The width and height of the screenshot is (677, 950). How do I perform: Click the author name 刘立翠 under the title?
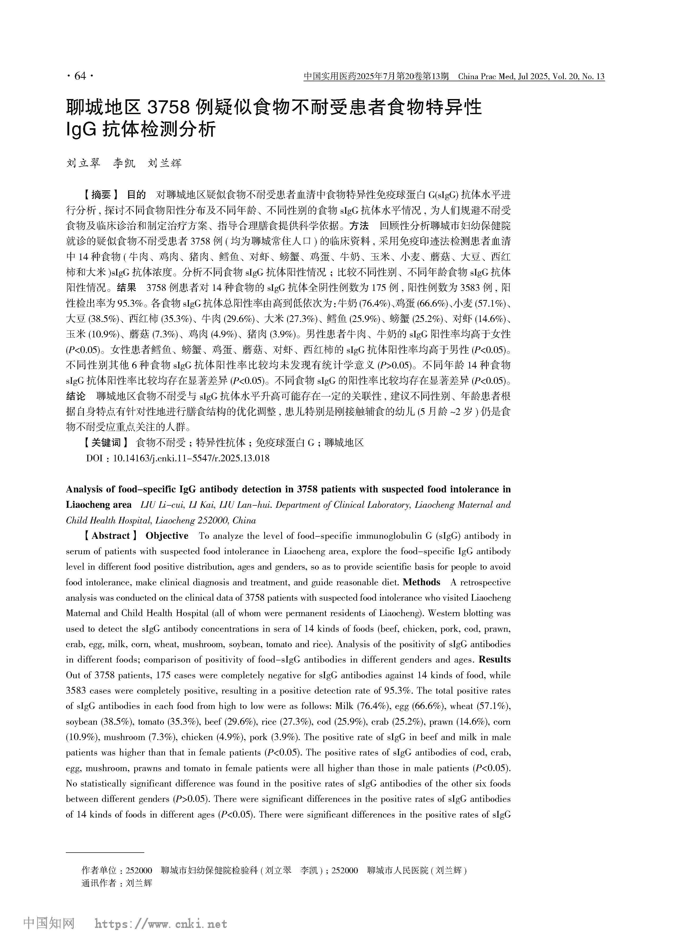[83, 164]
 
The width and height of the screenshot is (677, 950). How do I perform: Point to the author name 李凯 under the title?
[124, 164]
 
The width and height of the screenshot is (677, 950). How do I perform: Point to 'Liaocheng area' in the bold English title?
[99, 505]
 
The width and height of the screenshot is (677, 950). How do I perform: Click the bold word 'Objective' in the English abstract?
[167, 536]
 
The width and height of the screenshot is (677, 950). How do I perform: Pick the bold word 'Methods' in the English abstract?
[422, 582]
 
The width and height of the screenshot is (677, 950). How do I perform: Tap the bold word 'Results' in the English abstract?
[495, 659]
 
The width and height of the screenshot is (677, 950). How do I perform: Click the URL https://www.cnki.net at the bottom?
[161, 924]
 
